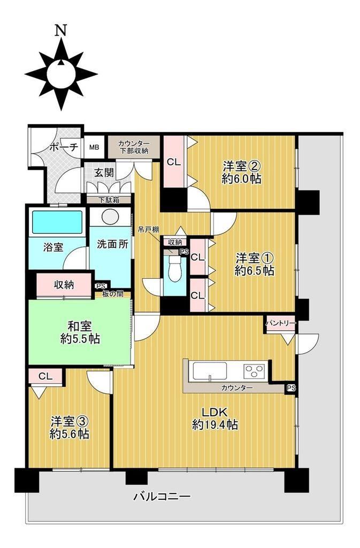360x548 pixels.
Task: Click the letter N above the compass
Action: pos(61,31)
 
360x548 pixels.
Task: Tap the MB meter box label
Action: pos(94,147)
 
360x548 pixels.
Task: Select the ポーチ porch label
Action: pos(63,147)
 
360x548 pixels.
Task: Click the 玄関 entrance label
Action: pos(104,172)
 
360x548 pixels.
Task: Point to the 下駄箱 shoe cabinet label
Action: pos(109,200)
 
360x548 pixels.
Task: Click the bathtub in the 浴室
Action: pos(57,223)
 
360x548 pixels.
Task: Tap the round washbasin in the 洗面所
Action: pos(110,216)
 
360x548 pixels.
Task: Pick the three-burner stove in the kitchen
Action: pos(255,371)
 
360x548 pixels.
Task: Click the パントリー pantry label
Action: pos(281,324)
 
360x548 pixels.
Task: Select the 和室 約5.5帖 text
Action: pos(80,333)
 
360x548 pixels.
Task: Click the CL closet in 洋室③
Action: pos(45,376)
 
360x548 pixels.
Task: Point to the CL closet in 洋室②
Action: pos(173,162)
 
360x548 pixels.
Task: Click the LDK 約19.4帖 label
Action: pos(215,418)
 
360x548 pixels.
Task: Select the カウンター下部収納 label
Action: pos(134,147)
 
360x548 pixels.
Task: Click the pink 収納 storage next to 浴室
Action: pos(64,285)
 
